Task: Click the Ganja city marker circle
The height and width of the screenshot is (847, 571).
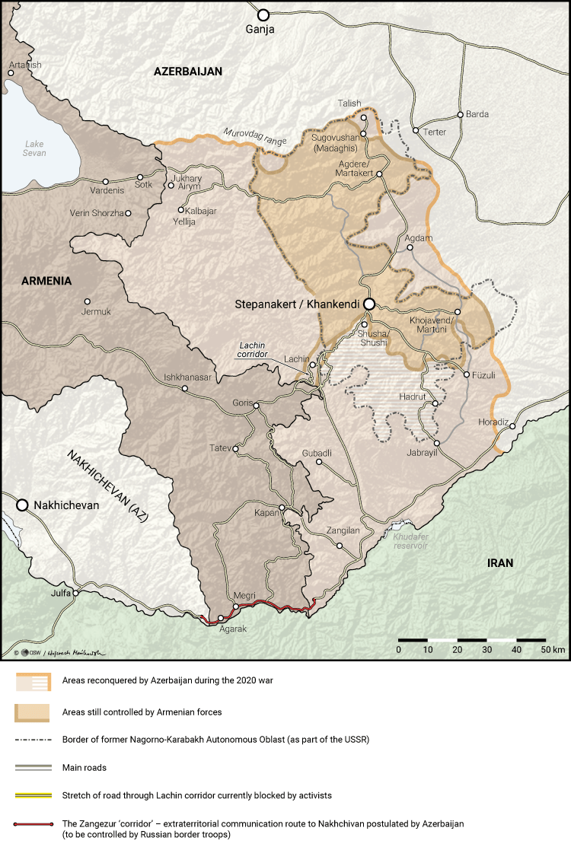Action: click(263, 14)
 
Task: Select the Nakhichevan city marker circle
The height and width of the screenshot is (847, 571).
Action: click(23, 505)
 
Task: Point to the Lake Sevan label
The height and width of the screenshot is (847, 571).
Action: click(35, 148)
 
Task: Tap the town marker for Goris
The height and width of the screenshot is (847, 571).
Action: click(257, 406)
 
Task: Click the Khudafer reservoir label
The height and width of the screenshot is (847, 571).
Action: click(411, 541)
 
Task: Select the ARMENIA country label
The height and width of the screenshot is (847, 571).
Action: click(46, 281)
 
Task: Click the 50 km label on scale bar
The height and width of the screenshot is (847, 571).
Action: click(553, 650)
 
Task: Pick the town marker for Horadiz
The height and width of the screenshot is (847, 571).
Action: click(512, 426)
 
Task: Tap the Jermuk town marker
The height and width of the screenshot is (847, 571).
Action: click(87, 301)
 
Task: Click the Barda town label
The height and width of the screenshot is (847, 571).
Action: click(477, 115)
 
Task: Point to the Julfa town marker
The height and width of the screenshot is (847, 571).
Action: click(75, 594)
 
